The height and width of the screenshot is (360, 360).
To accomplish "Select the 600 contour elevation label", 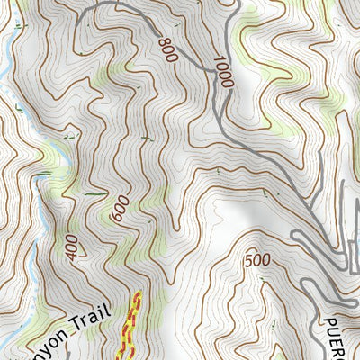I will (x=117, y=210).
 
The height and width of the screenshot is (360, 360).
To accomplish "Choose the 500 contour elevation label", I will (x=257, y=260).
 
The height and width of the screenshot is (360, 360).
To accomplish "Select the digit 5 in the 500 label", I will (x=249, y=260).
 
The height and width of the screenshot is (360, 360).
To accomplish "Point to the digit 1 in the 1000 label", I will (x=218, y=59).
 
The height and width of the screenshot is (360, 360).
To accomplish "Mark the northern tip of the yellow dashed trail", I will (x=138, y=293).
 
